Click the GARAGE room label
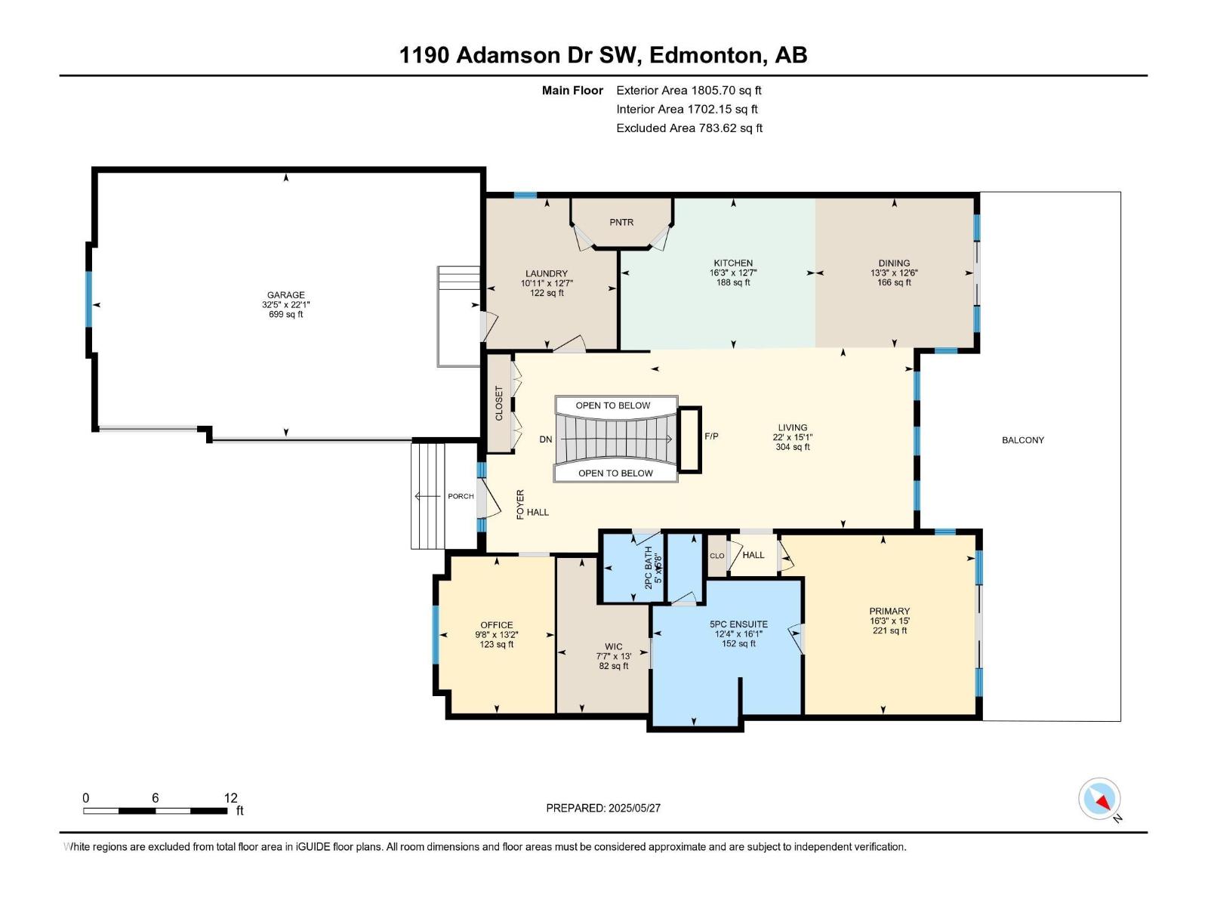pyautogui.click(x=285, y=295)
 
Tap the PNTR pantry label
pyautogui.click(x=621, y=223)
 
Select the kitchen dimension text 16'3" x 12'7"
pyautogui.click(x=733, y=273)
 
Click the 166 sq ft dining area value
pyautogui.click(x=894, y=283)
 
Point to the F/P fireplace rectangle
pyautogui.click(x=689, y=439)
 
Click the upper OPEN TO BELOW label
pyautogui.click(x=612, y=405)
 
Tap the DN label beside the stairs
pyautogui.click(x=546, y=439)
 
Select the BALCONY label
pyautogui.click(x=1022, y=440)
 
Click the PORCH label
pyautogui.click(x=461, y=496)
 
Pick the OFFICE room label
pyautogui.click(x=496, y=625)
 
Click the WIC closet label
pyautogui.click(x=613, y=646)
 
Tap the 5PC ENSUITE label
pyautogui.click(x=738, y=624)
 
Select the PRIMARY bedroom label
pyautogui.click(x=889, y=611)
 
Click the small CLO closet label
pyautogui.click(x=716, y=556)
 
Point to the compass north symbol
pyautogui.click(x=1100, y=799)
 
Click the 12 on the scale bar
pyautogui.click(x=230, y=798)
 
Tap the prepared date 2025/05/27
pyautogui.click(x=633, y=808)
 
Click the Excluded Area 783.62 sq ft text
pyautogui.click(x=689, y=128)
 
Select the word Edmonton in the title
pyautogui.click(x=705, y=55)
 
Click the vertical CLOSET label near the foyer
pyautogui.click(x=499, y=403)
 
